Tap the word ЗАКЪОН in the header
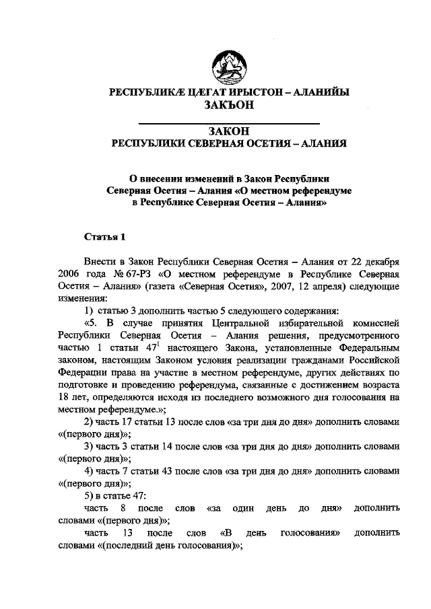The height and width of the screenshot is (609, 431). click(x=229, y=104)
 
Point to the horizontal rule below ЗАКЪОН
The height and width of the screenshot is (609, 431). click(x=229, y=123)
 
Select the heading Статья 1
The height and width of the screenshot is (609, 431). click(x=105, y=236)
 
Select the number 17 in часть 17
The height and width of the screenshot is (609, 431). click(x=120, y=421)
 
